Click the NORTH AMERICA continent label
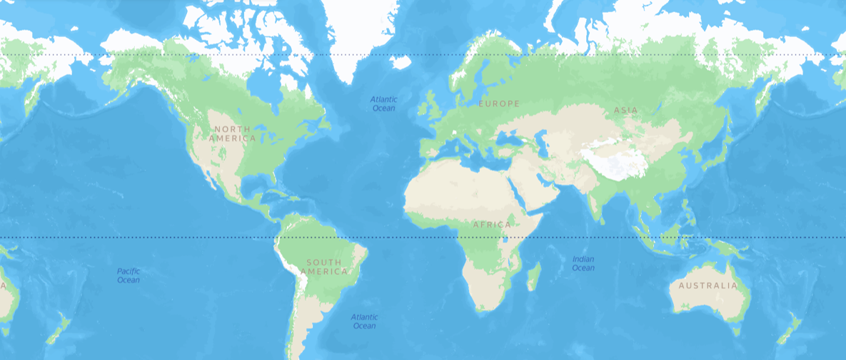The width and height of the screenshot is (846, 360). [x=233, y=134]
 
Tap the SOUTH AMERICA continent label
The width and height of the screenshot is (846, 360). [x=323, y=267]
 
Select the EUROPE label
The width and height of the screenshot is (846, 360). [x=499, y=104]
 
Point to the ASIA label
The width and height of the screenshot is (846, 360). [x=625, y=110]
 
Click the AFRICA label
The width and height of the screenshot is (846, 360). [x=492, y=225]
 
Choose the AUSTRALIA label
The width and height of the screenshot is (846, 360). [x=707, y=286]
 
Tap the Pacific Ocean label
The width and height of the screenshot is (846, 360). [x=129, y=276]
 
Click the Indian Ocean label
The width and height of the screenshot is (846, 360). [x=583, y=264]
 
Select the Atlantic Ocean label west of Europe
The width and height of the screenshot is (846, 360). [x=383, y=104]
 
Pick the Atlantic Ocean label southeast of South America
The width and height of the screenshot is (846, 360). [x=363, y=321]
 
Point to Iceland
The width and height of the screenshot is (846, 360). [x=401, y=63]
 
